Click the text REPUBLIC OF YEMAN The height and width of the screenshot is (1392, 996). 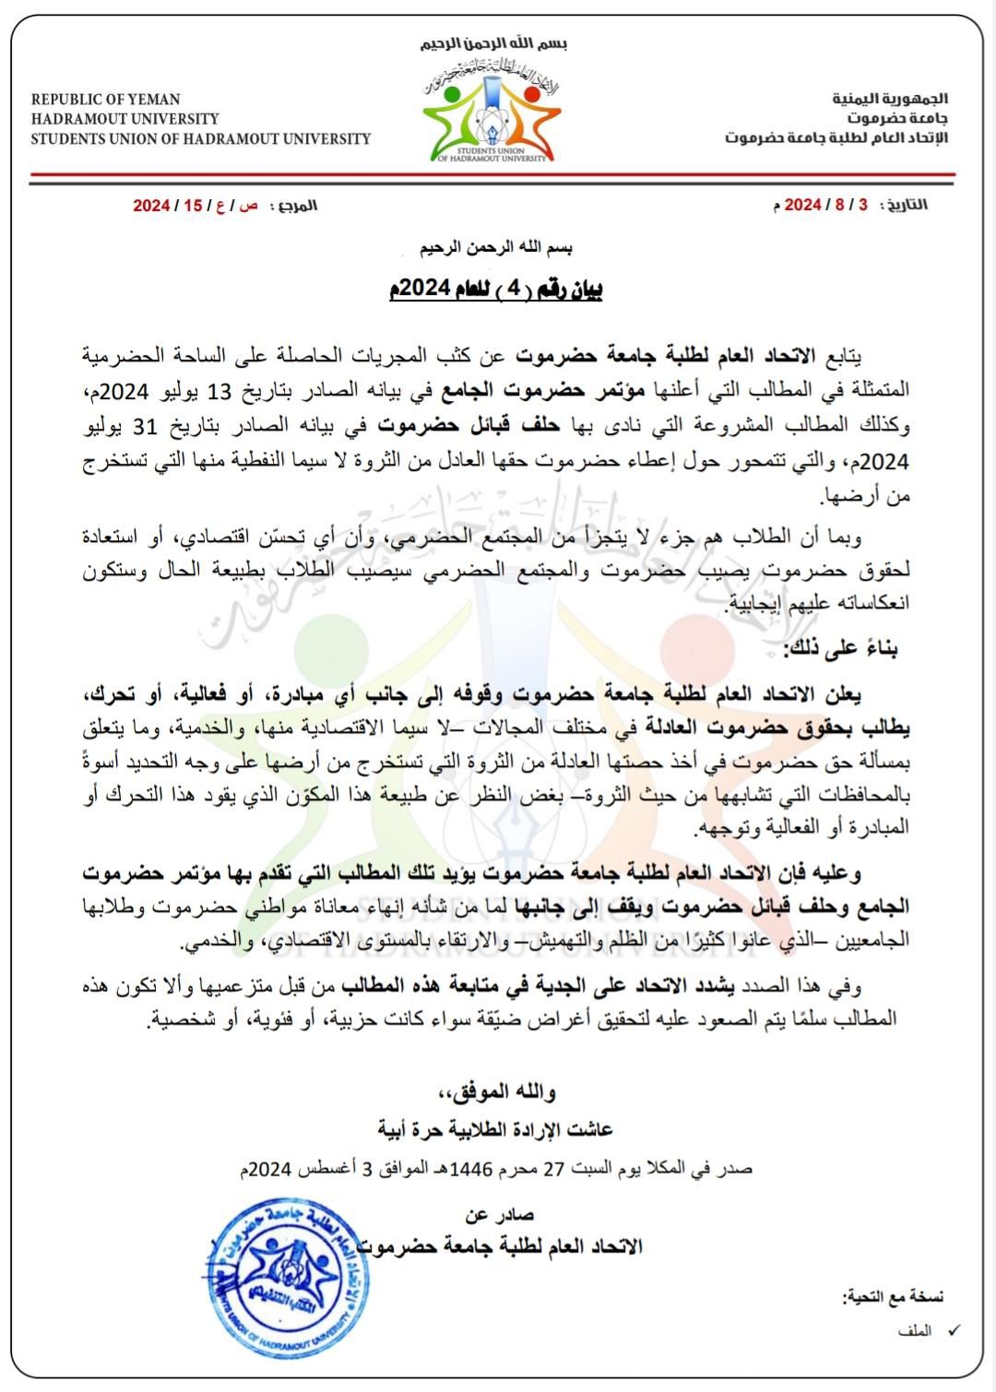(x=105, y=100)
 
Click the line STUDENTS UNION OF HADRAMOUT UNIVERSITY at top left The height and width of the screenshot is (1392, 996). (x=200, y=139)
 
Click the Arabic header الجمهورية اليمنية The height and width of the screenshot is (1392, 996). (x=890, y=99)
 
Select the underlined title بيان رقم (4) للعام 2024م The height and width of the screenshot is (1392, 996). (x=495, y=290)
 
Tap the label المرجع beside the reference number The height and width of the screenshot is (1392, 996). (x=297, y=205)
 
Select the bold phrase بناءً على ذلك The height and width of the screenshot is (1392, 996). (x=840, y=649)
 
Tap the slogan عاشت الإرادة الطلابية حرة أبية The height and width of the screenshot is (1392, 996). (x=495, y=1128)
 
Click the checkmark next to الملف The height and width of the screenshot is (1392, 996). (x=954, y=1330)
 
